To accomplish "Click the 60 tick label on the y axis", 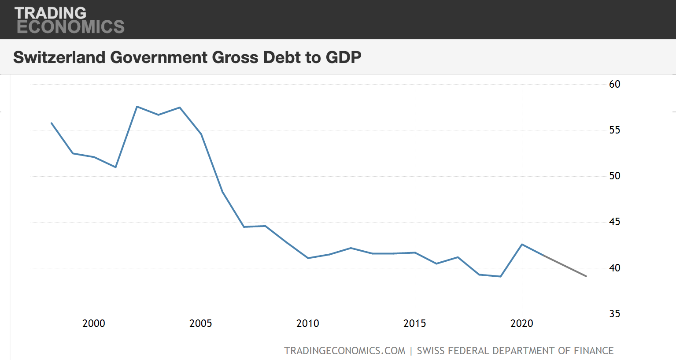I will [614, 84].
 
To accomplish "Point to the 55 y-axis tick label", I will [614, 130].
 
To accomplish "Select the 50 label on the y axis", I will [614, 176].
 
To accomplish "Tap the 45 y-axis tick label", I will [614, 222].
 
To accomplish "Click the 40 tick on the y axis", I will [614, 268].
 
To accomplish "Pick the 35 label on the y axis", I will [614, 314].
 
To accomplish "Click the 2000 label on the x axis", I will [94, 323].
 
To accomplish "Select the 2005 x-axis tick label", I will [201, 323].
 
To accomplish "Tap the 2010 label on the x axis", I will [308, 323].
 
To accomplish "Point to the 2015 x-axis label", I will [415, 323].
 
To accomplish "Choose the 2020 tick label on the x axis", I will [522, 323].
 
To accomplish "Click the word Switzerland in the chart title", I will [59, 57].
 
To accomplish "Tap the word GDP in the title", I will [344, 57].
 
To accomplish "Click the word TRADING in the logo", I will [50, 13].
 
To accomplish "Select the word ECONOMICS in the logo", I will [70, 27].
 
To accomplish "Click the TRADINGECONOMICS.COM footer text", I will [344, 351].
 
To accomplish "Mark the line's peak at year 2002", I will [137, 107].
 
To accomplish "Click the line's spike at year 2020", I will [522, 244].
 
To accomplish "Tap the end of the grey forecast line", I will [586, 276].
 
